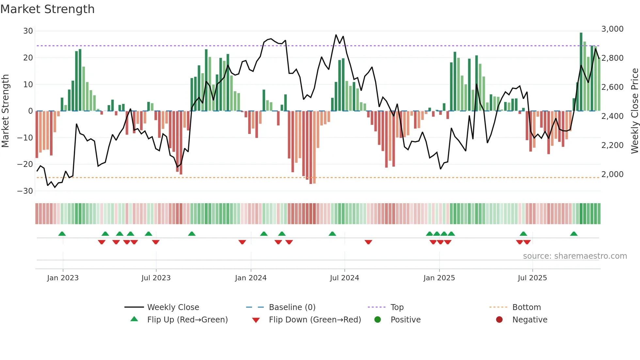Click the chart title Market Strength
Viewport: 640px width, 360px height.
tap(47, 9)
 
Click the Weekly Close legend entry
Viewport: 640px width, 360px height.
tap(173, 307)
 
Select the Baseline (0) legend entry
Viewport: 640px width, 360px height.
tap(292, 307)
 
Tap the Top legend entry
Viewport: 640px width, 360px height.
tap(397, 307)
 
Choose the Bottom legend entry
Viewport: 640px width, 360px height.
tap(526, 307)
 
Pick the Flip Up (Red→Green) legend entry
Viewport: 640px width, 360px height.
tap(187, 319)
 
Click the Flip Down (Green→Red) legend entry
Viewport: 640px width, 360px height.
tap(315, 319)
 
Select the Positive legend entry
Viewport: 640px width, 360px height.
tap(405, 319)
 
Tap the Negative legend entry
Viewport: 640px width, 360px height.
tap(529, 319)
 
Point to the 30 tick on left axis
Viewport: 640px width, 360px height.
tap(28, 31)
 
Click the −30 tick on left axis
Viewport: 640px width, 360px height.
tap(25, 191)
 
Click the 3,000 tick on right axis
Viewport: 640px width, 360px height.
tap(612, 29)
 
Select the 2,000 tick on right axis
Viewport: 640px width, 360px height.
tap(612, 174)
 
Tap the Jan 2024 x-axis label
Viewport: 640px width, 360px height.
tap(251, 278)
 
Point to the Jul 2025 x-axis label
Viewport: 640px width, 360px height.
tap(532, 278)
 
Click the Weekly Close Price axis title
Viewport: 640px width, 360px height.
tap(634, 111)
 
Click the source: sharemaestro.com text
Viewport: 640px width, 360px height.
tap(575, 256)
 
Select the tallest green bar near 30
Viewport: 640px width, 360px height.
tap(581, 72)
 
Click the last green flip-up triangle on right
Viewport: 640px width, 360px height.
tap(574, 234)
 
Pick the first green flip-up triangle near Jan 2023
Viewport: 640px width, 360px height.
tap(62, 234)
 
